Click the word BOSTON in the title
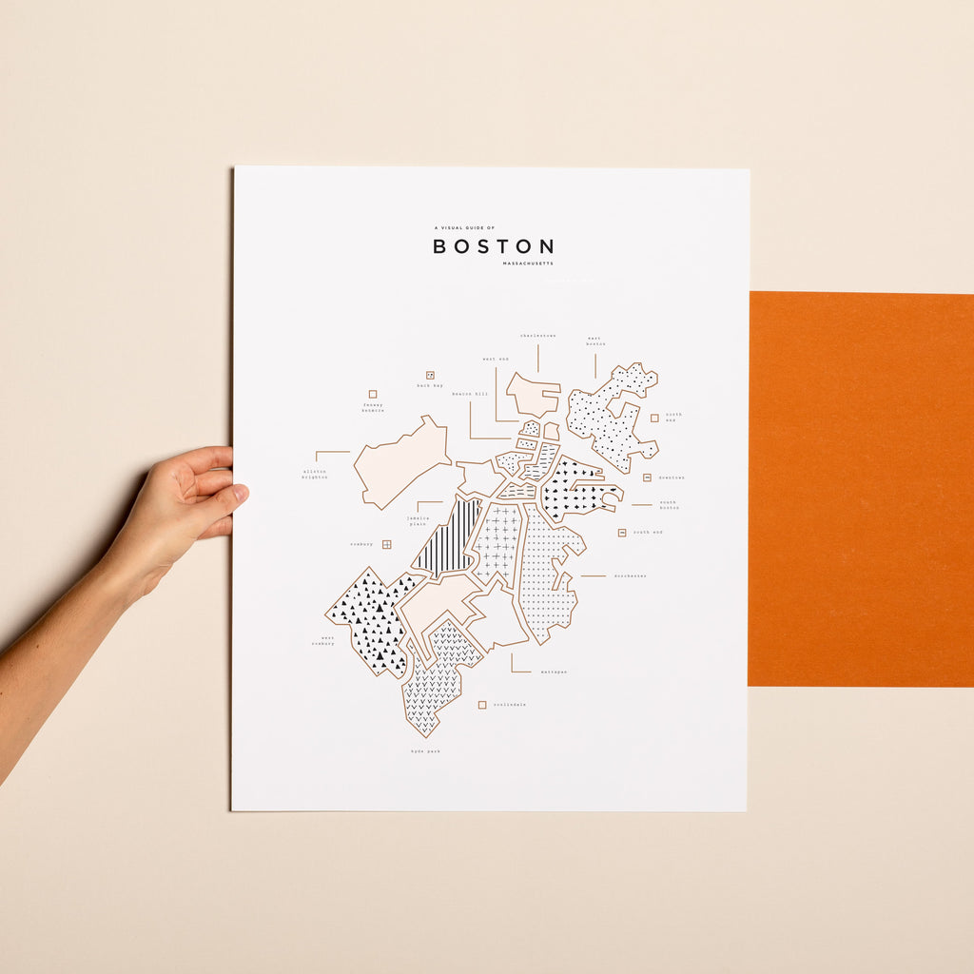(493, 246)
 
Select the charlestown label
(537, 336)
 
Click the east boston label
(594, 341)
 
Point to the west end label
(495, 360)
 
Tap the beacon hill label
(469, 393)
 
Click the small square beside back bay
(430, 376)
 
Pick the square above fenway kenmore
(372, 394)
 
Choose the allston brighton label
(315, 474)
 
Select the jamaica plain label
(419, 520)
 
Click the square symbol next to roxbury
(386, 544)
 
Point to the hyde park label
(424, 750)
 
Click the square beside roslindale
(482, 705)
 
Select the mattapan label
(554, 672)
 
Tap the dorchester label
(630, 575)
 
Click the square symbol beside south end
(622, 533)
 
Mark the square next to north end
(654, 417)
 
